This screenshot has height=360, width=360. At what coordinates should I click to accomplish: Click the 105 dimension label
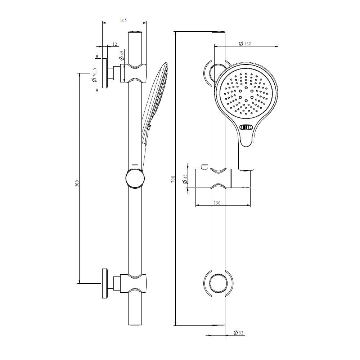pyautogui.click(x=123, y=21)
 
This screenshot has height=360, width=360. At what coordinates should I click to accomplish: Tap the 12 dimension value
pyautogui.click(x=115, y=44)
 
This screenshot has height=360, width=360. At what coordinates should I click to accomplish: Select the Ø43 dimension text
pyautogui.click(x=122, y=55)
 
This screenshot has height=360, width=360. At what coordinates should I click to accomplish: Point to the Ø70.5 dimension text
pyautogui.click(x=94, y=75)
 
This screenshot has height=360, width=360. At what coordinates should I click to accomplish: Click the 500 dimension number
pyautogui.click(x=77, y=183)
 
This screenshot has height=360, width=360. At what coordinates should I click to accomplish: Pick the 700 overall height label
pyautogui.click(x=174, y=179)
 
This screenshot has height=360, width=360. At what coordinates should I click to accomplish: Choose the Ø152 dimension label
pyautogui.click(x=245, y=44)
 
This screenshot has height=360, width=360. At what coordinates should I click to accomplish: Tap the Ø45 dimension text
pyautogui.click(x=185, y=179)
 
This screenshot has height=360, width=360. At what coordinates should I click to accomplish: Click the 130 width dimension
pyautogui.click(x=217, y=203)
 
